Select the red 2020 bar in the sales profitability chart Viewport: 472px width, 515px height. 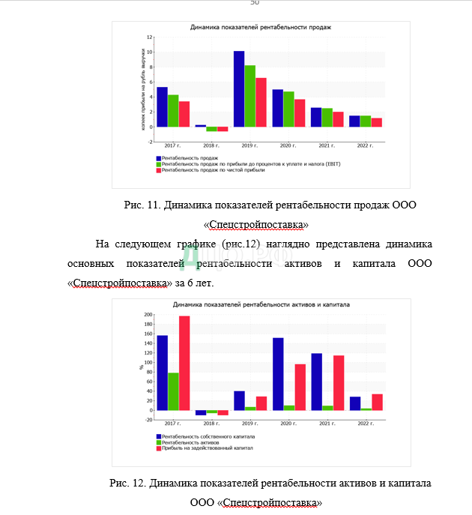(x=300, y=112)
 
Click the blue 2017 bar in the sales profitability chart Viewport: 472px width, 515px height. (x=162, y=106)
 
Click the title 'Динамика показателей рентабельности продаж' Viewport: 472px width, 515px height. (x=261, y=27)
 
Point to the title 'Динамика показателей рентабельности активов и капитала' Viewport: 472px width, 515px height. (x=261, y=305)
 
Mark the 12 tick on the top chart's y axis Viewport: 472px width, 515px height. (x=150, y=37)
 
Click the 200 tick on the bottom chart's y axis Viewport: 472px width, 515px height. (x=148, y=316)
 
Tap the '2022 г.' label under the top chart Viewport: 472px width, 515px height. (x=365, y=145)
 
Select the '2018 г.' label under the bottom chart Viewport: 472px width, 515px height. (x=212, y=424)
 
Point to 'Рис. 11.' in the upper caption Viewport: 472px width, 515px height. (x=142, y=205)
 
